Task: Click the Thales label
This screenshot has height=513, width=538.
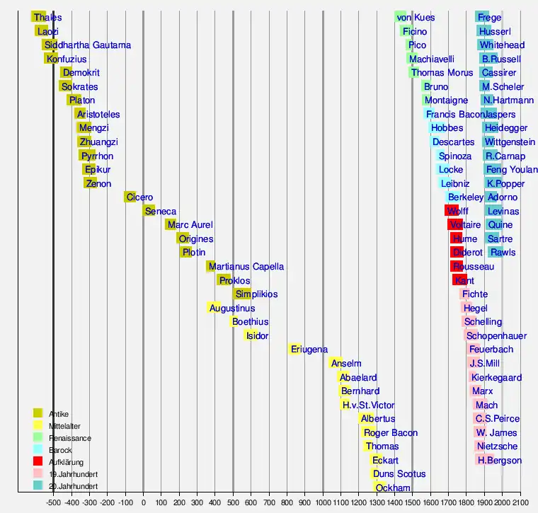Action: coord(47,18)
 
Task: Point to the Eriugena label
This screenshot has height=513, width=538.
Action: coord(309,350)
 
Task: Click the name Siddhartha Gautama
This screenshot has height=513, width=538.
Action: coord(87,45)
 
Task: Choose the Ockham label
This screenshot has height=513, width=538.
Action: coord(393,488)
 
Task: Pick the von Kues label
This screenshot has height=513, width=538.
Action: coord(416,18)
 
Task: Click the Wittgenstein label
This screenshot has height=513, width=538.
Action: coord(510,142)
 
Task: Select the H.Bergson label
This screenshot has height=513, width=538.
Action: coord(500,461)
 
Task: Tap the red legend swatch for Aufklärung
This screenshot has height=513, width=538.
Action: coord(38,461)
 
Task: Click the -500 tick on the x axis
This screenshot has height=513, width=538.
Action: coord(53,503)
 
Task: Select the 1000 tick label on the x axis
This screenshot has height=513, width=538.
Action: coord(323,503)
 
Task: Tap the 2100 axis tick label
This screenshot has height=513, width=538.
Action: coord(520,503)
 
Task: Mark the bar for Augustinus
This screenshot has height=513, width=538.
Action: coord(214,309)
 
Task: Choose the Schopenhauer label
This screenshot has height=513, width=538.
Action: coord(496,336)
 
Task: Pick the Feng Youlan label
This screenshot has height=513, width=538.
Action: coord(511,170)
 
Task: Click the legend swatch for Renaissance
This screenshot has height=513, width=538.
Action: coord(38,437)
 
